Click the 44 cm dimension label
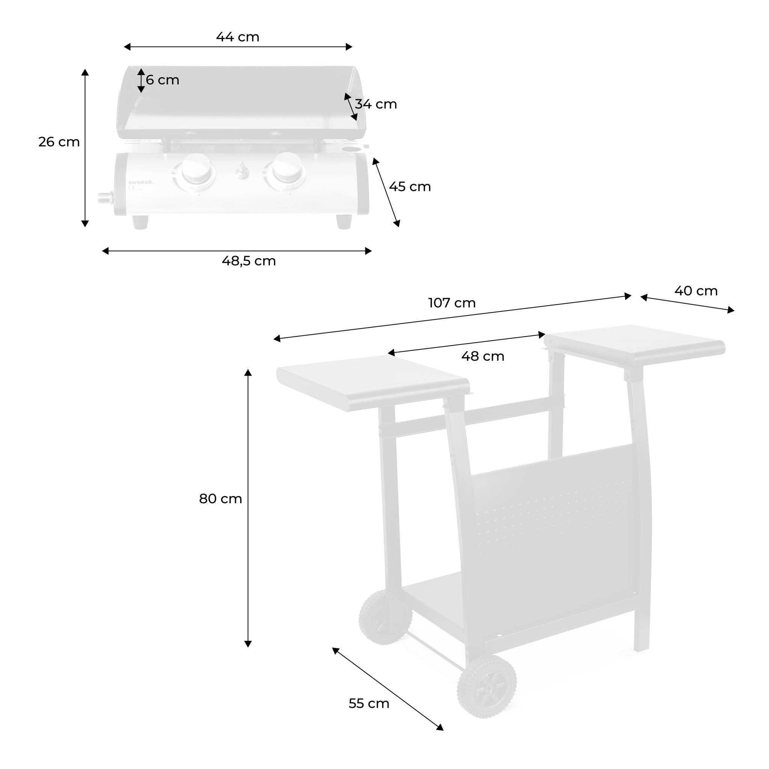(238, 37)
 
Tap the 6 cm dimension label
(162, 80)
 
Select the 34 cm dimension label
(376, 104)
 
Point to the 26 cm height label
(59, 142)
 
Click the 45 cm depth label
(410, 187)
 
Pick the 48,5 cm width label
(249, 261)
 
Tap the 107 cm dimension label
(452, 303)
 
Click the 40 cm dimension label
(696, 291)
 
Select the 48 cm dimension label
(483, 356)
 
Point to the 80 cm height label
(220, 499)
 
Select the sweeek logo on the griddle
(140, 183)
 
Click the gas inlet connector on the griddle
(106, 197)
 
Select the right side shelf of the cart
(635, 345)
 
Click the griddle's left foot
(140, 223)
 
